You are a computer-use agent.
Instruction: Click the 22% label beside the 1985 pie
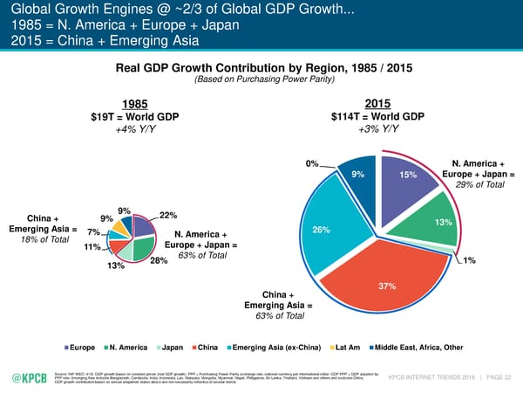169,216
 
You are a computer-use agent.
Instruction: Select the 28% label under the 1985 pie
158,261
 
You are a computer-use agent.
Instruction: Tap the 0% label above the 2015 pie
311,163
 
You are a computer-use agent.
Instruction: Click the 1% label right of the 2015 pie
470,260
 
